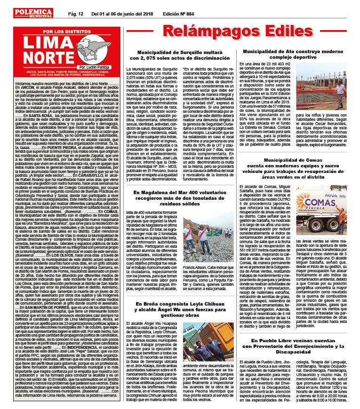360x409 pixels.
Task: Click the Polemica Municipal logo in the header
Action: (33, 13)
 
